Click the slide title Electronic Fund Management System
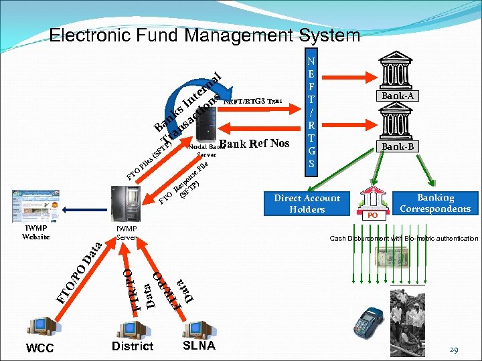(x=205, y=35)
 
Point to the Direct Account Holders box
(x=307, y=204)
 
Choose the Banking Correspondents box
(x=435, y=203)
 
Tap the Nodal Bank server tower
(x=205, y=124)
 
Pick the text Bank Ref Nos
(x=254, y=143)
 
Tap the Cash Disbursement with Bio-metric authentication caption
(x=404, y=239)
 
